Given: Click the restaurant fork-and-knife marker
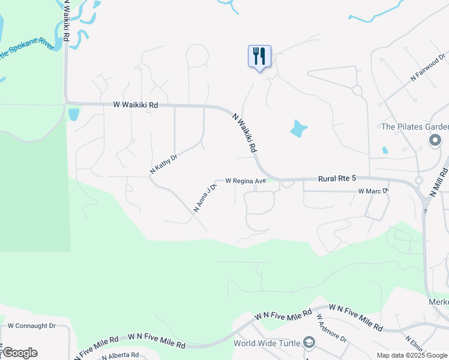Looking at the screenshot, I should click(259, 56).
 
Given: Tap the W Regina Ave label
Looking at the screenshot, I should click(246, 181).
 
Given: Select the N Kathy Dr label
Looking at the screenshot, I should click(163, 165).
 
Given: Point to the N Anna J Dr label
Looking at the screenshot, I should click(205, 197).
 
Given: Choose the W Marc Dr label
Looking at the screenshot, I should click(373, 191).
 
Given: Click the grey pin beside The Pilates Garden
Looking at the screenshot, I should click(436, 140).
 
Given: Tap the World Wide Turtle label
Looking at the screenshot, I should click(267, 343).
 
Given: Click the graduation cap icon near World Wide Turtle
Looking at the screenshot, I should click(309, 343).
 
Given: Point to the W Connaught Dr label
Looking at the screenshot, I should click(31, 326).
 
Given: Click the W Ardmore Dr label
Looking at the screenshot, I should click(331, 328).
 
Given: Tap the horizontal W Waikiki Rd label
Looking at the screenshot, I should click(135, 104).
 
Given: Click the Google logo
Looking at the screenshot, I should click(19, 353).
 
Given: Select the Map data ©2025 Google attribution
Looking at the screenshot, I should click(412, 355).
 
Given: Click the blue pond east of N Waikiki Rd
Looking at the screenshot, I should click(298, 128).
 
